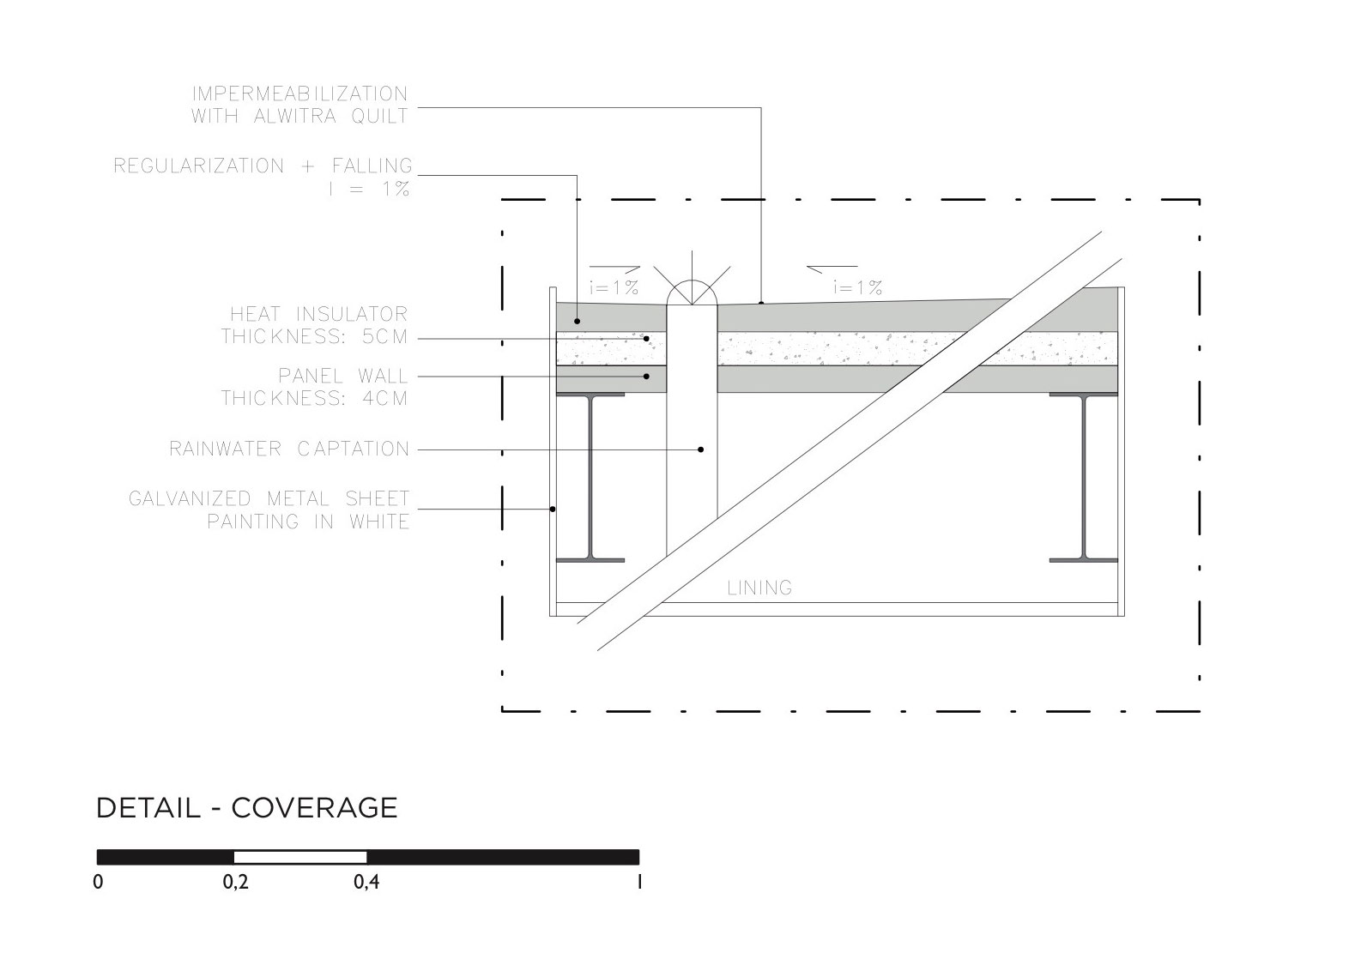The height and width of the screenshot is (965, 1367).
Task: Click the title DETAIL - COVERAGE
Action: point(246,808)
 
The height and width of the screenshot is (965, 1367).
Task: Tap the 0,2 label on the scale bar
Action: point(235,883)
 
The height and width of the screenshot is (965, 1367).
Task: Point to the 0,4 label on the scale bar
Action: point(366,883)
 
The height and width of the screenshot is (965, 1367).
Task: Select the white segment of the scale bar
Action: point(300,857)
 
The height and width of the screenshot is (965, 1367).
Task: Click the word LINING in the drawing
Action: point(759,588)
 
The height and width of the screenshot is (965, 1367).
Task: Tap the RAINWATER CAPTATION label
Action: point(289,449)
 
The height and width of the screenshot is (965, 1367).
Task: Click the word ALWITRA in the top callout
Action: point(294,116)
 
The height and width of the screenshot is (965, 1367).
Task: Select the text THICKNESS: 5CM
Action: point(314,336)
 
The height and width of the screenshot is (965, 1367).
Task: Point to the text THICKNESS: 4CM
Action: point(314,398)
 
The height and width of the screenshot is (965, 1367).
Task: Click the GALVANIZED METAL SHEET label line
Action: point(269,498)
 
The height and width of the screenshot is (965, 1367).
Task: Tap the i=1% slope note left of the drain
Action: point(614,288)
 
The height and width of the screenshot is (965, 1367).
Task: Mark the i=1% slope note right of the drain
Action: point(857,288)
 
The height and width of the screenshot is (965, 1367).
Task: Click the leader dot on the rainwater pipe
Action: point(701,449)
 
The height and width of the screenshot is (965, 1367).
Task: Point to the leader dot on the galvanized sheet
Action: point(553,510)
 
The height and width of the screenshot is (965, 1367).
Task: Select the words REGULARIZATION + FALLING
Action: point(263,166)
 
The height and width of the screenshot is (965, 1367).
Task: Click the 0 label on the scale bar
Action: point(98,883)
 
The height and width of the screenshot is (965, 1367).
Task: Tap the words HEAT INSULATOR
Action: point(318,314)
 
